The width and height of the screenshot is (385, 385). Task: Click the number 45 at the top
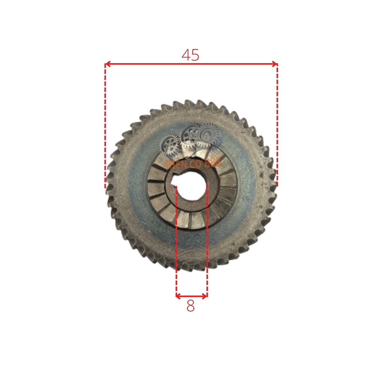190,55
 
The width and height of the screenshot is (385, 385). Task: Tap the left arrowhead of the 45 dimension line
107,64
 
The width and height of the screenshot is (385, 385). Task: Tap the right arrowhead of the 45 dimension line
275,64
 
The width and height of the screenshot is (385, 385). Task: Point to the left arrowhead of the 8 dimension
178,296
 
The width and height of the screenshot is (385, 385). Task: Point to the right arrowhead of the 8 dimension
205,296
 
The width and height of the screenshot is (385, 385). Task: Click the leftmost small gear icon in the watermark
170,146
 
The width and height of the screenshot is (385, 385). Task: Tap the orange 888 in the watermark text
213,162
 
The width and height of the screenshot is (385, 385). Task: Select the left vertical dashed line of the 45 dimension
105,124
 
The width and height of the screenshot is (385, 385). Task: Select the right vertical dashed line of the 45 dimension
277,124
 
